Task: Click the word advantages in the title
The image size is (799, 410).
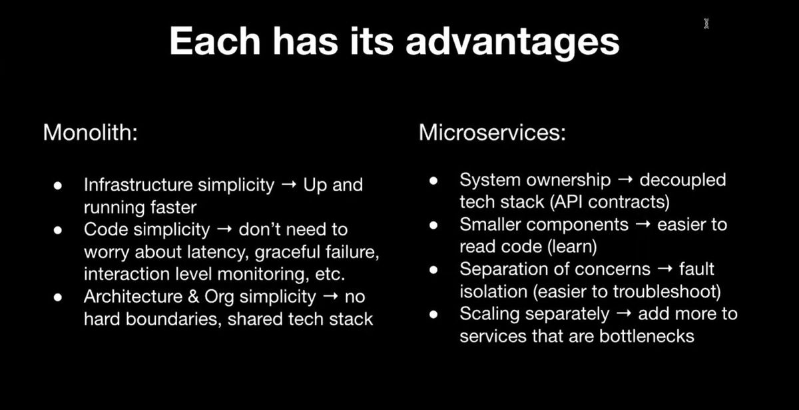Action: pos(513,43)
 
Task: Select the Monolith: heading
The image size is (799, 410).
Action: pos(91,133)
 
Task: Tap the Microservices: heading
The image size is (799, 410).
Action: pos(492,133)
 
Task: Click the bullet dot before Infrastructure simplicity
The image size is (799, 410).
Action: pos(58,185)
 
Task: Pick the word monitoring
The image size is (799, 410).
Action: pos(263,274)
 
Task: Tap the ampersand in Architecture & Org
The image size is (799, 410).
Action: pos(193,297)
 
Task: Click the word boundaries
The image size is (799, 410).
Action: pos(171,319)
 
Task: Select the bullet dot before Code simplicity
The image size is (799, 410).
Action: pos(58,230)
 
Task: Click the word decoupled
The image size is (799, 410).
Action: pos(682,181)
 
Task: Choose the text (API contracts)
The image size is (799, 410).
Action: pos(610,202)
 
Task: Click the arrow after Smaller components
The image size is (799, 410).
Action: pos(643,225)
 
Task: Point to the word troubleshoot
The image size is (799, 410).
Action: pos(664,292)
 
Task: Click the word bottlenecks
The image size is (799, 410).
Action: pos(647,336)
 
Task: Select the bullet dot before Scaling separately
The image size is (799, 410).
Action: pos(433,314)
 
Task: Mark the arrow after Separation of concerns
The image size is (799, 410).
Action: pos(665,269)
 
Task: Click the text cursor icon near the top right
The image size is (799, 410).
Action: pos(706,23)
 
